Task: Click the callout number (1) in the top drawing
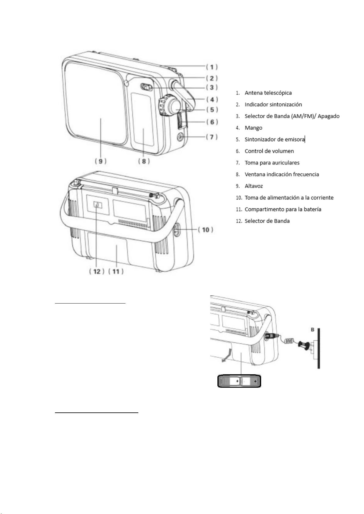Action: point(212,67)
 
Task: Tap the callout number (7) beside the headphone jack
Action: point(212,137)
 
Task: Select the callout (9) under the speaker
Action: point(100,161)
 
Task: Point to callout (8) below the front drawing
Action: point(144,161)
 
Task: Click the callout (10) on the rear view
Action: point(206,229)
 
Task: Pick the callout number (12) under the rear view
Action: point(97,271)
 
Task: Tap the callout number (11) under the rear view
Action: point(116,271)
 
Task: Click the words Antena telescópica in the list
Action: point(268,93)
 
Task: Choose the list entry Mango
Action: point(253,128)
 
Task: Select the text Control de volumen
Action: point(269,151)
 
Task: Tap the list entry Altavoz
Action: point(254,186)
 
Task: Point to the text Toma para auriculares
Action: point(272,163)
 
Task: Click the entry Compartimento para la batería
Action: point(283,209)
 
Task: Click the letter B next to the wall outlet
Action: point(312,329)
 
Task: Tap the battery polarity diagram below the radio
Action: point(239,381)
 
